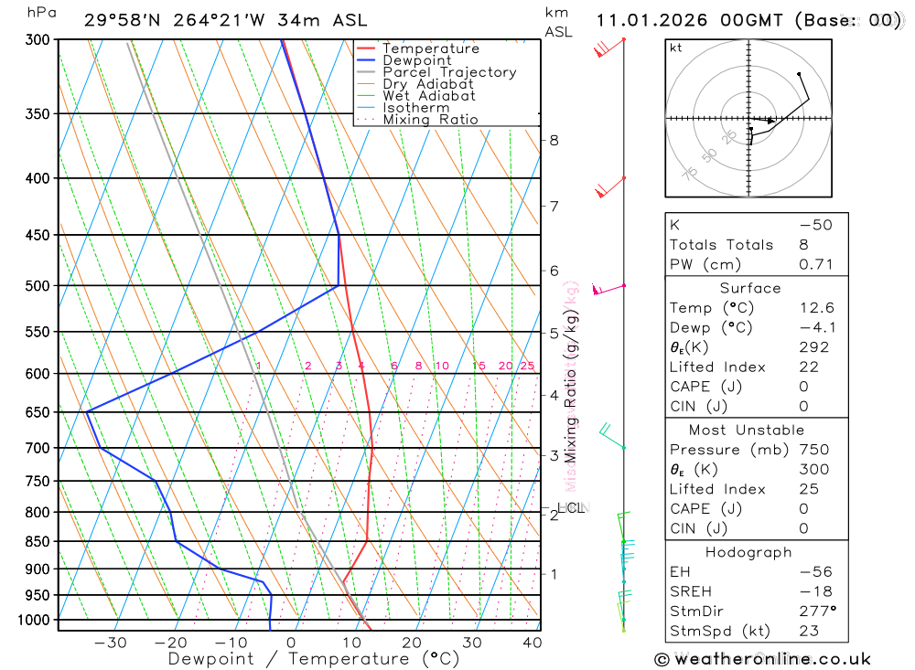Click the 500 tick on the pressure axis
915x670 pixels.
click(x=38, y=286)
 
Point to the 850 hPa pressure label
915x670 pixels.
click(x=38, y=542)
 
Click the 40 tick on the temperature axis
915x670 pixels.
click(x=532, y=643)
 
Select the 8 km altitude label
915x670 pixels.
click(x=554, y=140)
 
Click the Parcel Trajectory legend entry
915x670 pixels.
click(x=449, y=72)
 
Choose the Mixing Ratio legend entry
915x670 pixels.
click(x=430, y=119)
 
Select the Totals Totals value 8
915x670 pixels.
click(x=802, y=244)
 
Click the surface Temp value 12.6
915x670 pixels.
click(x=816, y=308)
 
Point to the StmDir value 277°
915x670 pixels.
click(x=815, y=612)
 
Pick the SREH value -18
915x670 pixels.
click(x=813, y=591)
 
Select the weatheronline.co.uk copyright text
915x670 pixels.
click(x=762, y=658)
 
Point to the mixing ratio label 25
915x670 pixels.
click(x=527, y=366)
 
